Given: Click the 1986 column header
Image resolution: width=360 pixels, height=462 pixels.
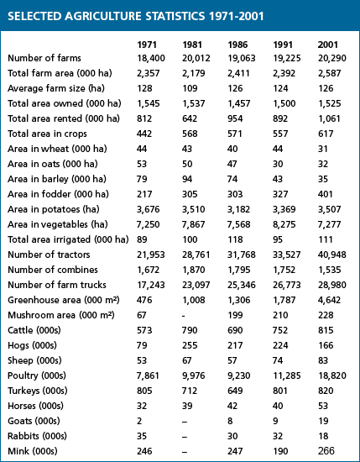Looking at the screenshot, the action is (237, 45).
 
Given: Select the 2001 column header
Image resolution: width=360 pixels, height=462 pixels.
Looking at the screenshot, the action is (327, 45).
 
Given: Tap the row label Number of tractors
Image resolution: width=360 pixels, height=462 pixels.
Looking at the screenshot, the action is (49, 255).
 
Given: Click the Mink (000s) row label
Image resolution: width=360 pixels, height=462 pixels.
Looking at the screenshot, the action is (33, 451).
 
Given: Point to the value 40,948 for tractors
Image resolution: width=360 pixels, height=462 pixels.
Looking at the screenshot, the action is (332, 255).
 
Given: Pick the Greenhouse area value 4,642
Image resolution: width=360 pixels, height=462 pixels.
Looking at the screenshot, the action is (329, 300).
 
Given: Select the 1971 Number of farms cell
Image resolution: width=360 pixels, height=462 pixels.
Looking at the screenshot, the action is (151, 58).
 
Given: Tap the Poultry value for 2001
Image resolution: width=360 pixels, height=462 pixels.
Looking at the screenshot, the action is (332, 375).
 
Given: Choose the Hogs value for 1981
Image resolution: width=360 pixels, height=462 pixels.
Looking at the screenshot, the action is (190, 345).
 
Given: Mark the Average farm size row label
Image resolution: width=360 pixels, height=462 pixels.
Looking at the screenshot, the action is (56, 88).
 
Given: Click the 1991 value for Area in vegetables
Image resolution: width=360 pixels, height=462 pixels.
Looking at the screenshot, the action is (284, 224).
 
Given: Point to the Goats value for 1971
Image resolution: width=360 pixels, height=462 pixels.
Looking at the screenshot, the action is (139, 421).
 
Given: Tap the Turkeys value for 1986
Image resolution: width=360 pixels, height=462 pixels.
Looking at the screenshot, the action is (235, 391).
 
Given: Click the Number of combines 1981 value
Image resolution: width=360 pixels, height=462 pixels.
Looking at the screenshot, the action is (193, 270).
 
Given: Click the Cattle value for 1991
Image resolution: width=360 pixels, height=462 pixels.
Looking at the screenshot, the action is (280, 330).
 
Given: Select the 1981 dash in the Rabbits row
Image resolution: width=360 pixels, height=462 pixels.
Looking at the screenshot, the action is (185, 437).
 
